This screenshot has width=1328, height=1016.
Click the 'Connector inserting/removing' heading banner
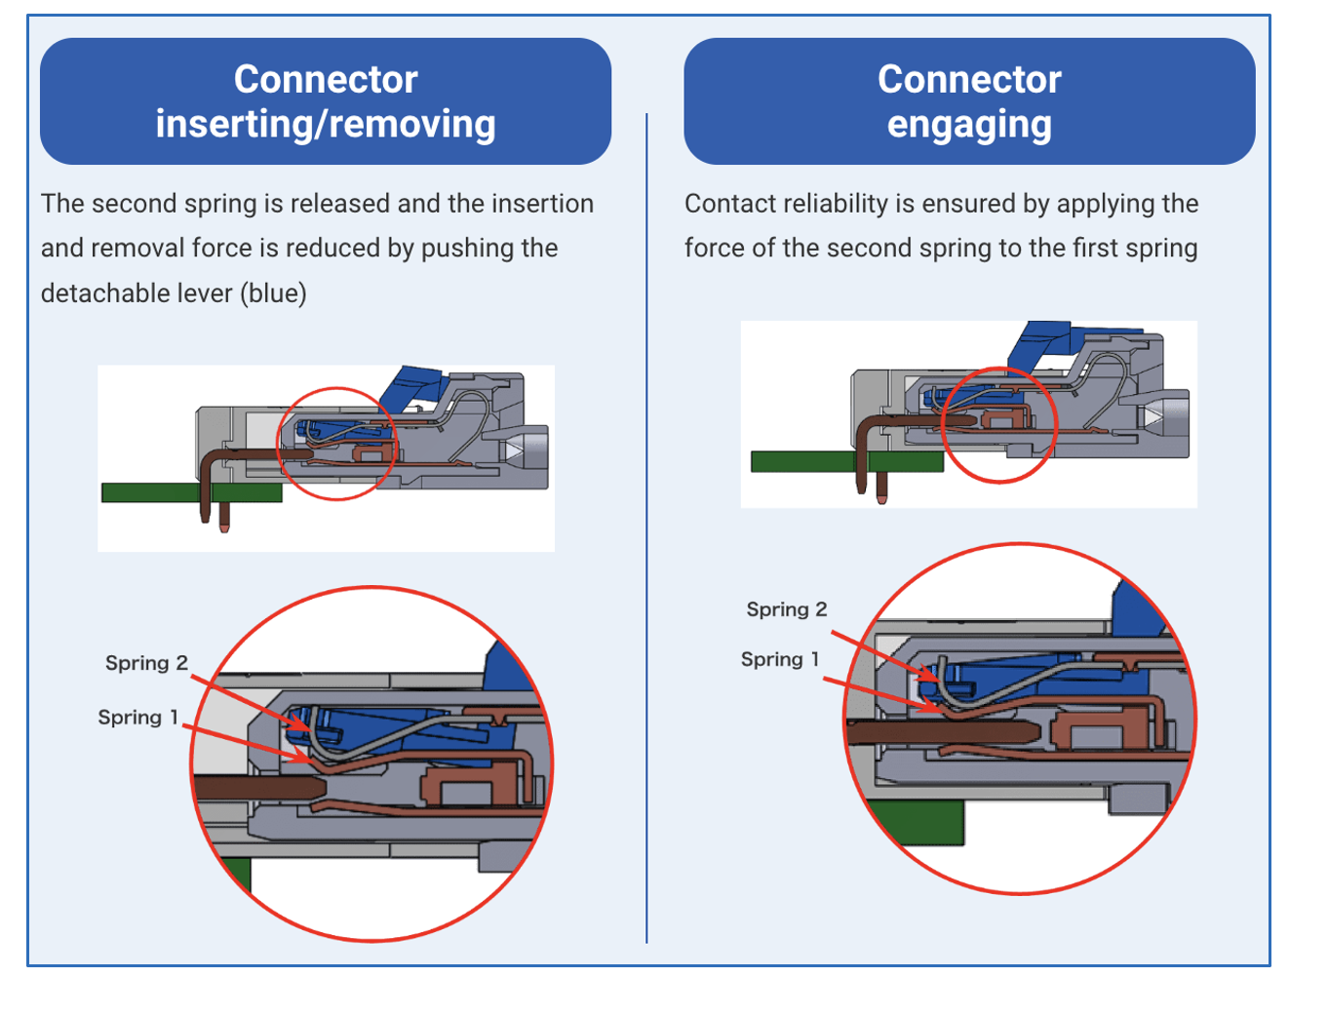(326, 101)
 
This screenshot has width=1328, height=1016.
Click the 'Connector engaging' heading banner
(969, 101)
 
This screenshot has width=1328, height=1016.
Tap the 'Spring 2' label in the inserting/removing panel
(146, 663)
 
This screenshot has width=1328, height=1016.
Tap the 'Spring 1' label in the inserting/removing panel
(137, 718)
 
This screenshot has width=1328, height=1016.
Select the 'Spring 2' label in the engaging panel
(787, 609)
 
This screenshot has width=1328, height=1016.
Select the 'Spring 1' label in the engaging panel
(780, 659)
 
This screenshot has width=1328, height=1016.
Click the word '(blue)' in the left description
(273, 293)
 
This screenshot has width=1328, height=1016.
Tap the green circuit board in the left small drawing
(192, 492)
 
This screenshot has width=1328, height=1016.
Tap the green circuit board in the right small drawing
(847, 461)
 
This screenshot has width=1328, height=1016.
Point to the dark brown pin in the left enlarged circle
(260, 788)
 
